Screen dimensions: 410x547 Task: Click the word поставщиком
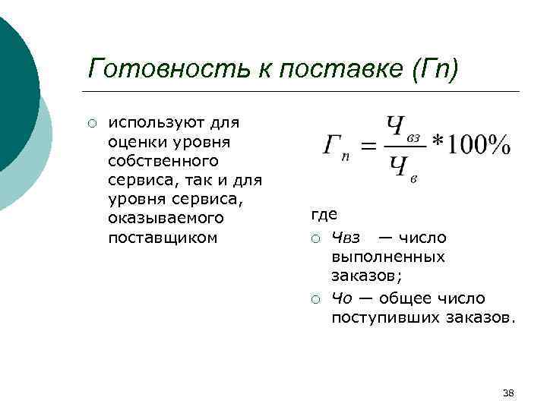(163, 238)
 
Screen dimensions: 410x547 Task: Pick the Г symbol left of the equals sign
(333, 147)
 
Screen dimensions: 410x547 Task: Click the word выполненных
(387, 257)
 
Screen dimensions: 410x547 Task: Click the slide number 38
(509, 393)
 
